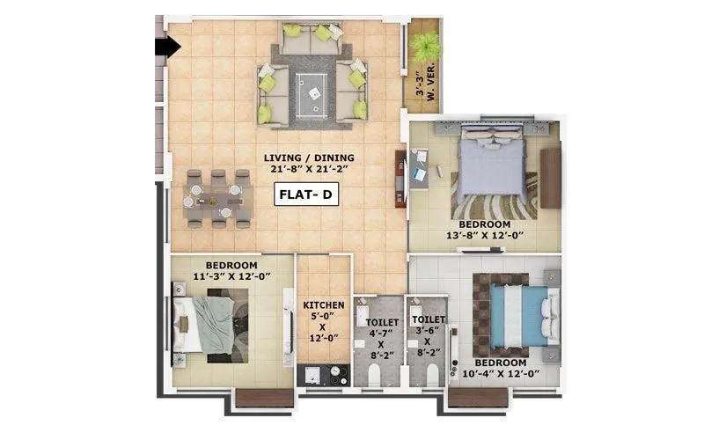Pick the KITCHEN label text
324,305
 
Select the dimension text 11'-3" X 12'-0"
231,277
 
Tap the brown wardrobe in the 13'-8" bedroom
551,178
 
